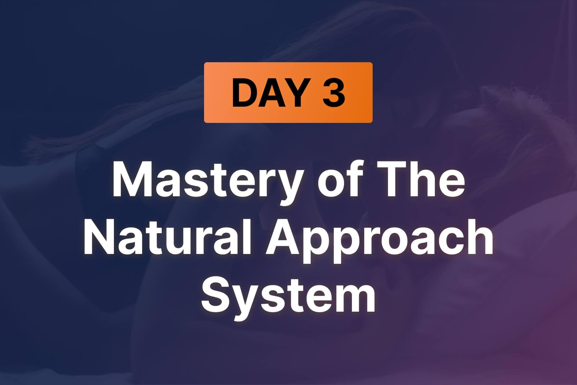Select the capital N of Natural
coord(99,237)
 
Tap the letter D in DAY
coord(244,93)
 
